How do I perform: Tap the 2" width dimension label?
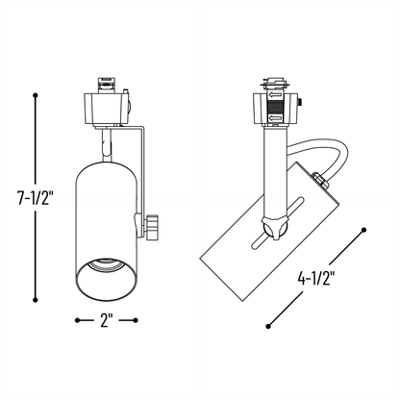tap(105, 319)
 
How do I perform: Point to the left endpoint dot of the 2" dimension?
tap(78, 319)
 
